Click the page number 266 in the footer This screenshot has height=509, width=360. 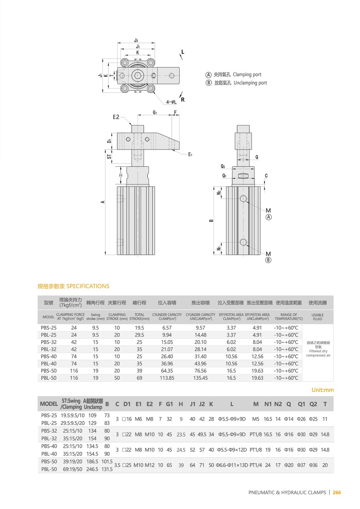337,493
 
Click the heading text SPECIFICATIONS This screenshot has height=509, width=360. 88,286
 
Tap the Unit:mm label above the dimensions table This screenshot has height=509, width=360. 322,390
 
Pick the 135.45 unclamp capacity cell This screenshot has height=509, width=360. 200,378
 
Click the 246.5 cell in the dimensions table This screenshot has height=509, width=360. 92,469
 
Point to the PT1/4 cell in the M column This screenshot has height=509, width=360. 256,465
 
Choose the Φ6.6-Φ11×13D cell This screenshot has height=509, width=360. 232,465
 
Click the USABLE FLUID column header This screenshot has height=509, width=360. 318,317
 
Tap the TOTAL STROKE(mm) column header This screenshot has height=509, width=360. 139,317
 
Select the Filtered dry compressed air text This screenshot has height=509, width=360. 318,353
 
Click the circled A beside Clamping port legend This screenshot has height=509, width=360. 208,75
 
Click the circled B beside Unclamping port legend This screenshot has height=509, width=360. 208,83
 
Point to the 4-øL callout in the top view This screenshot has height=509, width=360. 171,102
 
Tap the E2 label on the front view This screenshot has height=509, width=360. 116,117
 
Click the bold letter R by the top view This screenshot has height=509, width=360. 183,100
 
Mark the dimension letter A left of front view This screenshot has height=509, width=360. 103,202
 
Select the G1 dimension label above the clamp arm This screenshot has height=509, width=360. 154,113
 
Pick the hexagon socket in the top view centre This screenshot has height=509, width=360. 138,76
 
